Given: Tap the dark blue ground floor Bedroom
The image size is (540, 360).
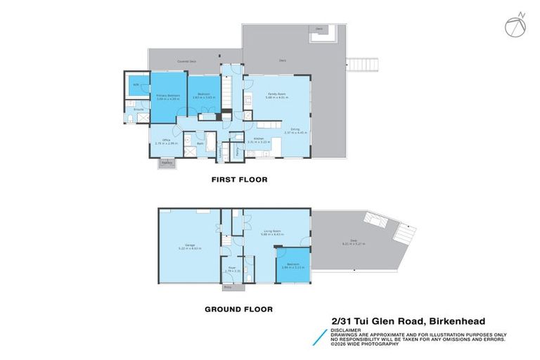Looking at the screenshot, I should pos(292,265).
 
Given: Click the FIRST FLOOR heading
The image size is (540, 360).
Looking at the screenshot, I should pos(240,180).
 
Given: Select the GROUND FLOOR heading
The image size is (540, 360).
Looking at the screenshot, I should pos(238,309).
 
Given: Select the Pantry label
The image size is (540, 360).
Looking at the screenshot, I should pos(238,150).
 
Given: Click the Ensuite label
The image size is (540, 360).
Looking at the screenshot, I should pos(139,110).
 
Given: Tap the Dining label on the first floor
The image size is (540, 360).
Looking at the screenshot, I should pos(296,128).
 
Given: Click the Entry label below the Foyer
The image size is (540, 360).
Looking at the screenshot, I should pos(228,287).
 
